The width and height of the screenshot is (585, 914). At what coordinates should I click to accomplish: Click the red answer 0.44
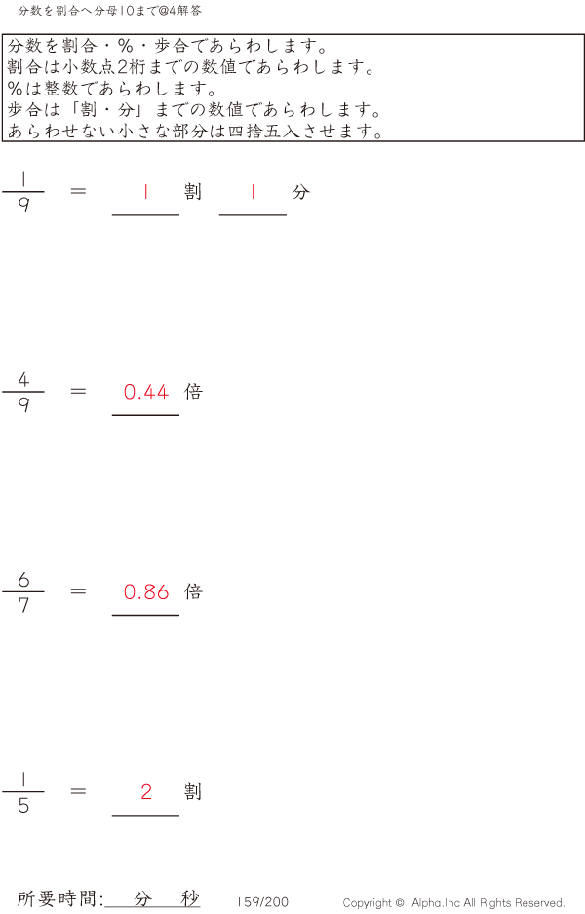(x=146, y=392)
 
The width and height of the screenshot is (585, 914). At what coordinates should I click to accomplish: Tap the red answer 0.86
(x=146, y=592)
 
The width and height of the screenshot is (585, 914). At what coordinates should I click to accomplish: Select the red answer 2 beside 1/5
(x=146, y=791)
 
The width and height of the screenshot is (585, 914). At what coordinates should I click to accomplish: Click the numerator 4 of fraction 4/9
(x=23, y=379)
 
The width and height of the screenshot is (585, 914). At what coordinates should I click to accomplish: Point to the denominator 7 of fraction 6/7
(x=23, y=606)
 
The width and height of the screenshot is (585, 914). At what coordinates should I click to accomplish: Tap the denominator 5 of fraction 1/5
(x=23, y=806)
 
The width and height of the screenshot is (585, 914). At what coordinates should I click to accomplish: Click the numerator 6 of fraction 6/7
(x=23, y=580)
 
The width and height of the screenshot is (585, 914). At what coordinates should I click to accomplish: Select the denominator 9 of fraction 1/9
(x=23, y=205)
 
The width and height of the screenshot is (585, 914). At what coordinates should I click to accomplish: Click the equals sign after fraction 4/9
(x=78, y=391)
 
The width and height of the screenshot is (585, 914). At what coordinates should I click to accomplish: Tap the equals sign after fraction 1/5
(x=78, y=791)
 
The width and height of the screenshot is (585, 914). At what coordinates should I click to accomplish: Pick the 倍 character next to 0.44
(x=193, y=391)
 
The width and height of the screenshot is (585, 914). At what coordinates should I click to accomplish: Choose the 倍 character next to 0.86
(x=193, y=591)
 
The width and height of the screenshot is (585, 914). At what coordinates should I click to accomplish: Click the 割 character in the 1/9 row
(x=193, y=191)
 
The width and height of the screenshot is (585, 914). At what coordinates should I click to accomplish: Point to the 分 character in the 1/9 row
(x=300, y=191)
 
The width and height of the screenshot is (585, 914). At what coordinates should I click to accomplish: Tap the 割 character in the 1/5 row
(x=193, y=791)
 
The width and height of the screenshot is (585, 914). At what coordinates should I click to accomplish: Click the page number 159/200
(x=262, y=901)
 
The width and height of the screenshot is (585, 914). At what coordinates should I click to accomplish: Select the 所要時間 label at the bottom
(x=56, y=898)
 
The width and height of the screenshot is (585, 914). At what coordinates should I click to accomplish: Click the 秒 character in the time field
(x=190, y=898)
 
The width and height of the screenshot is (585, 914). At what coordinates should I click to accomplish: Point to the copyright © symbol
(x=400, y=903)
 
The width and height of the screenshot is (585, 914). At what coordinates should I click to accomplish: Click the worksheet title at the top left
(x=109, y=11)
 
